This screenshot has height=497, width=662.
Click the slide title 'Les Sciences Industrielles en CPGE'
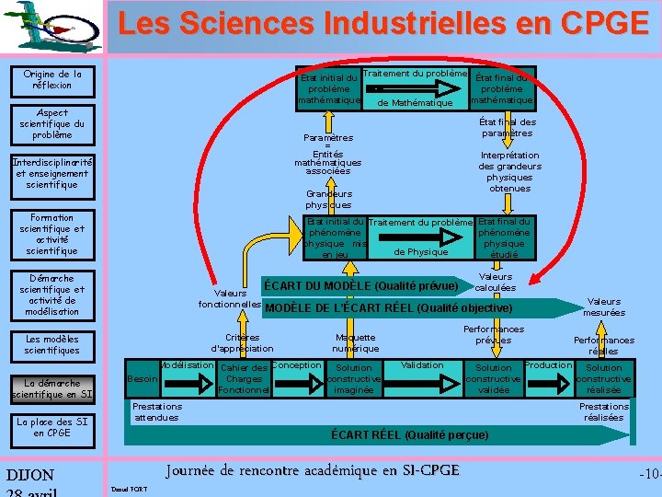[x=382, y=24]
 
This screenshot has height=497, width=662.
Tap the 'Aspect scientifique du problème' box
[x=51, y=124]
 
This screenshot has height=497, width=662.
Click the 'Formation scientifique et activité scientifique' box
[x=51, y=235]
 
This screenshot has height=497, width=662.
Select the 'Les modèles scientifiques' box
[x=51, y=345]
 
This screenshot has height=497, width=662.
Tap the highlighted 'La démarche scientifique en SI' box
[x=51, y=388]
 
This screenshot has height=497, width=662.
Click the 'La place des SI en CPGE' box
[x=51, y=427]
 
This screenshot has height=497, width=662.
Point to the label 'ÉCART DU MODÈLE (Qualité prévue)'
[x=360, y=285]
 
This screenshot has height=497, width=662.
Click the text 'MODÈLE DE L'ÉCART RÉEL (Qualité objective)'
[x=387, y=308]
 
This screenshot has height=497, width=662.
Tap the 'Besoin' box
[x=142, y=379]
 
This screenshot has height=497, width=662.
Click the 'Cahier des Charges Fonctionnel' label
[x=244, y=379]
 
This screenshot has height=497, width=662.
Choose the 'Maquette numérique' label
[x=355, y=342]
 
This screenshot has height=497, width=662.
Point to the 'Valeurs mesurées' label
[x=604, y=306]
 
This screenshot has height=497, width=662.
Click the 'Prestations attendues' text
[x=157, y=411]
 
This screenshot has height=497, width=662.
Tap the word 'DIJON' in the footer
[x=30, y=476]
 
